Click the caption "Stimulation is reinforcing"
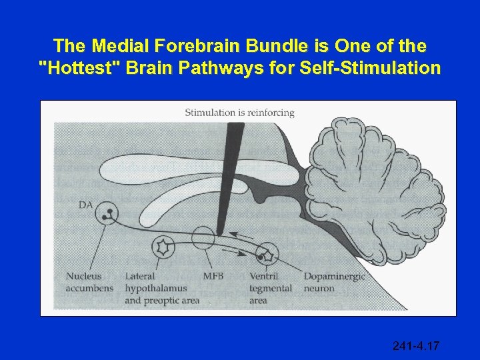pyautogui.click(x=239, y=113)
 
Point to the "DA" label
pyautogui.click(x=86, y=205)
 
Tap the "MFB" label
pyautogui.click(x=214, y=276)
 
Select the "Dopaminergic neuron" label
pyautogui.click(x=335, y=282)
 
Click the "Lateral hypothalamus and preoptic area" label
pyautogui.click(x=162, y=288)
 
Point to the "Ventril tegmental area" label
pyautogui.click(x=271, y=288)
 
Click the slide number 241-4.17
pyautogui.click(x=417, y=345)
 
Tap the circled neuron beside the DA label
pyautogui.click(x=105, y=214)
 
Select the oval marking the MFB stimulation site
pyautogui.click(x=204, y=239)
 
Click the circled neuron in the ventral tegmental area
pyautogui.click(x=267, y=253)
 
